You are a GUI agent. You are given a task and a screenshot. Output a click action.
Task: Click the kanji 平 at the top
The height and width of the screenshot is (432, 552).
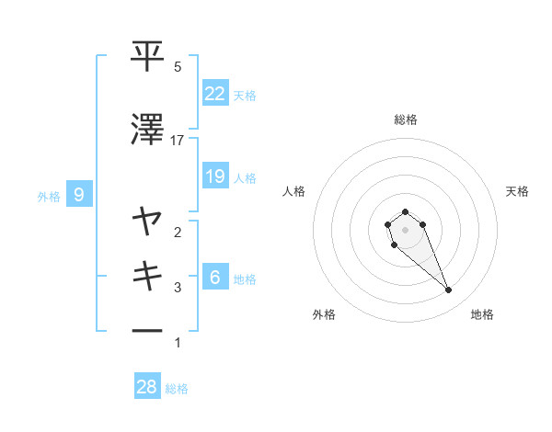(x=148, y=57)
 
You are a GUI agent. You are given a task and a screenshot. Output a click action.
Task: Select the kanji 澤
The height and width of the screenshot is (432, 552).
(x=148, y=131)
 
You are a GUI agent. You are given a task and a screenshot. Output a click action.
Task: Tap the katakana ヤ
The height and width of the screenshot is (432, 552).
(x=148, y=222)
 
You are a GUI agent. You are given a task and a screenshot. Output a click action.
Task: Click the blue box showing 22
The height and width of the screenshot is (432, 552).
(x=215, y=94)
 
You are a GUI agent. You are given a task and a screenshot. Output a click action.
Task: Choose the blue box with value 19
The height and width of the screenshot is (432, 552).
(x=215, y=176)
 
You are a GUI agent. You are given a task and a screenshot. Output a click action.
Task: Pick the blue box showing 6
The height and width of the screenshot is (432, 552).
(x=215, y=278)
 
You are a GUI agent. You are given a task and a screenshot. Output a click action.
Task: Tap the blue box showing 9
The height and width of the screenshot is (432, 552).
(x=80, y=195)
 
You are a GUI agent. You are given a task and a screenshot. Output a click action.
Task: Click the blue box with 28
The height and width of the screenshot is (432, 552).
(x=147, y=387)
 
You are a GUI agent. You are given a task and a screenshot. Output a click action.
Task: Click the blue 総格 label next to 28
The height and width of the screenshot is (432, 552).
(x=177, y=389)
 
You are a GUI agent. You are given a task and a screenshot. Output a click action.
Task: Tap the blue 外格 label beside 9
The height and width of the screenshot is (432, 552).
(x=49, y=196)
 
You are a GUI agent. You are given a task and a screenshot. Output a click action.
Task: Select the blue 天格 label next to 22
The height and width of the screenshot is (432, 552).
(x=245, y=95)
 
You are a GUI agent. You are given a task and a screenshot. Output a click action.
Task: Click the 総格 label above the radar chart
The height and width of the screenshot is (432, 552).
(x=405, y=119)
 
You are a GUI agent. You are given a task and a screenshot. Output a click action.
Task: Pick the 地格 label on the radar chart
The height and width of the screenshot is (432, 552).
(x=482, y=314)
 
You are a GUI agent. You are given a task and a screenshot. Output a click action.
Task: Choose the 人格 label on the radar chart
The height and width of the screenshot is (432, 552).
(x=293, y=191)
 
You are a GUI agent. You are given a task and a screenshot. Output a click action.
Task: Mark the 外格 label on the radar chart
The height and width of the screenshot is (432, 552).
(x=324, y=314)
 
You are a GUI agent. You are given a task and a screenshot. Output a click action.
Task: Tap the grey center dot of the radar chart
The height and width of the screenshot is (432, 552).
(x=405, y=229)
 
